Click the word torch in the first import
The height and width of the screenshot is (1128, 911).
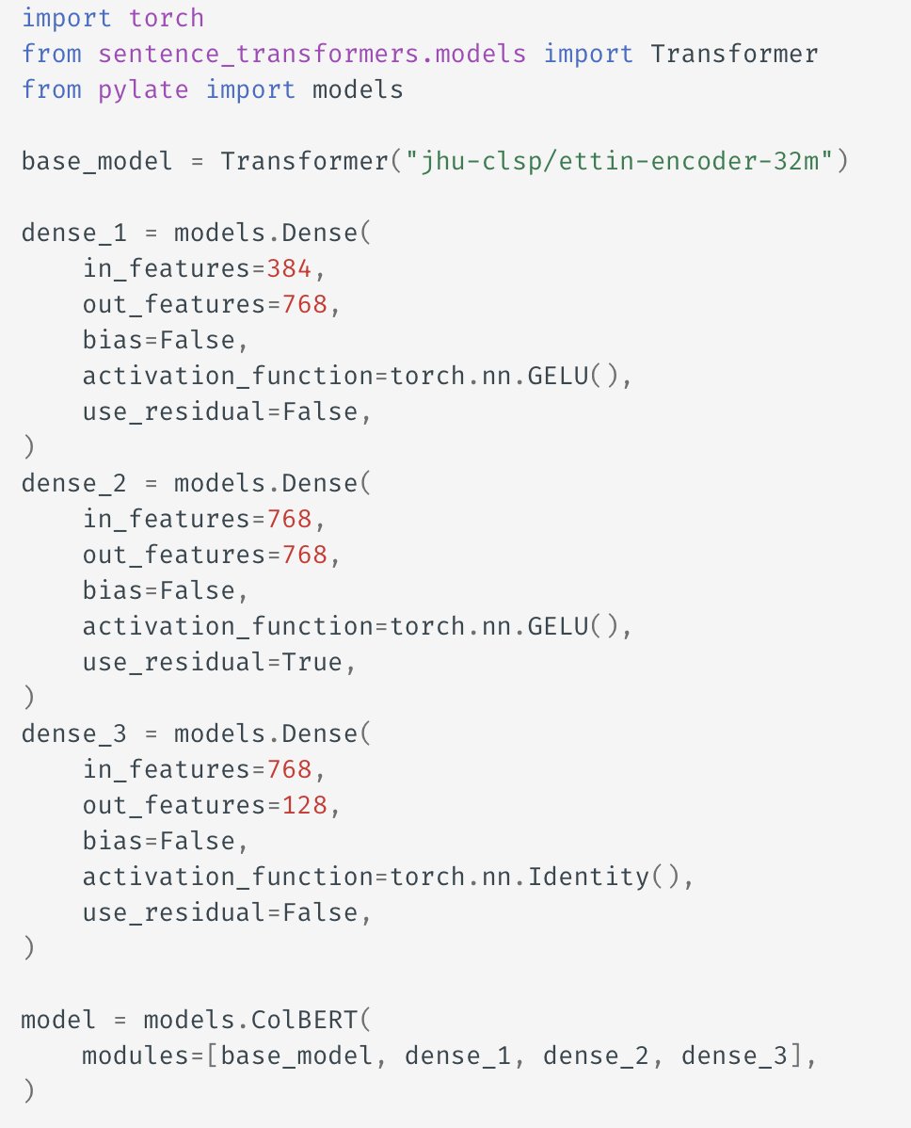point(166,18)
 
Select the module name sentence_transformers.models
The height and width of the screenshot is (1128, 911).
point(312,54)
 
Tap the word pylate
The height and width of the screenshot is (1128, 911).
point(143,89)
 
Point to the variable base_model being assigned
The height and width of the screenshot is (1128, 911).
point(97,161)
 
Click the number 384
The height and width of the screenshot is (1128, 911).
point(289,268)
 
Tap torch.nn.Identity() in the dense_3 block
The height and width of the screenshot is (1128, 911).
point(535,877)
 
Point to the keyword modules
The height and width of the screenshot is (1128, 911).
point(136,1055)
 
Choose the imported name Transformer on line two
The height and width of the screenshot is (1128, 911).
point(734,54)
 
